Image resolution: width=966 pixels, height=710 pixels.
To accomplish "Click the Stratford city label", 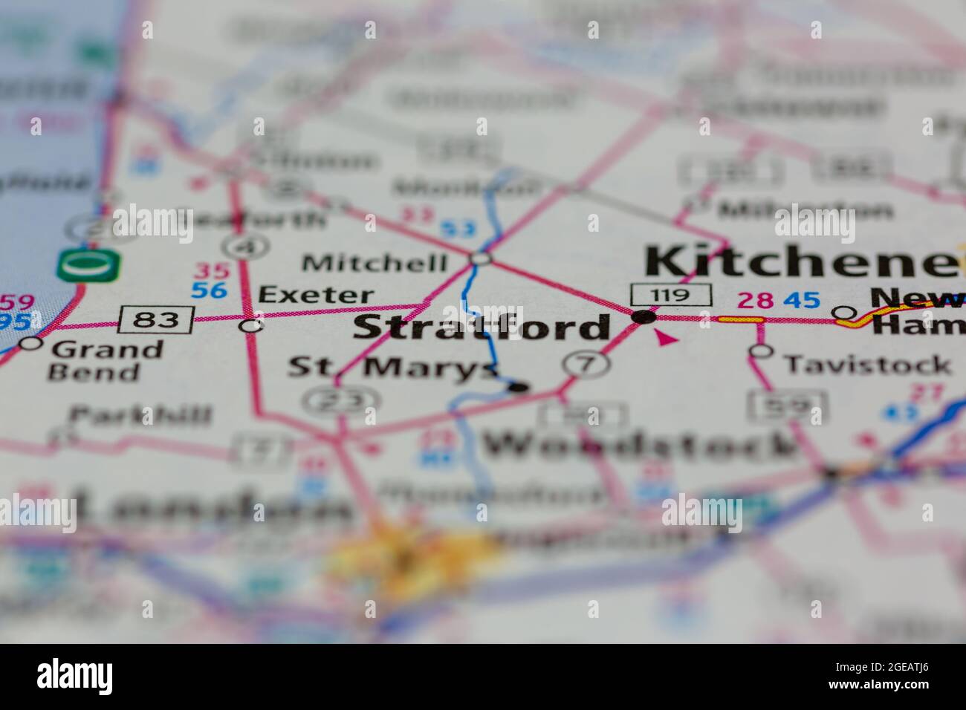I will click(x=482, y=328).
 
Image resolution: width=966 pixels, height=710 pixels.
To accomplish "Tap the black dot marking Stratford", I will click(x=644, y=317).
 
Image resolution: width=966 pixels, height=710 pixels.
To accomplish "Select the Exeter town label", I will click(x=316, y=295).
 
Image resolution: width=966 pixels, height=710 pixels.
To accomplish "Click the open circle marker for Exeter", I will click(x=252, y=325).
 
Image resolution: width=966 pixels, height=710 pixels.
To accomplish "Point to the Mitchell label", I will click(x=375, y=263).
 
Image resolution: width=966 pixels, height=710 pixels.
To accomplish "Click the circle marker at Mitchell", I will click(x=481, y=258).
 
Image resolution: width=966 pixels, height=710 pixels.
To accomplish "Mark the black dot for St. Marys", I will click(x=519, y=386).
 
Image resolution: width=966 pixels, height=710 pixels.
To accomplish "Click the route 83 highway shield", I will click(x=157, y=320).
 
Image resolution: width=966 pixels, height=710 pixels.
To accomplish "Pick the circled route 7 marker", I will click(x=586, y=363).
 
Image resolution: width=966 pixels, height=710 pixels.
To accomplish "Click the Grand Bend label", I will click(x=106, y=360).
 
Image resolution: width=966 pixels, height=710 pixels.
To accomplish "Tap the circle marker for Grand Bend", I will click(x=30, y=343).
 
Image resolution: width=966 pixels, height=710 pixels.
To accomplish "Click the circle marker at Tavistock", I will click(x=760, y=351).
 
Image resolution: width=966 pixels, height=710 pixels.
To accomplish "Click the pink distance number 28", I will click(x=756, y=300).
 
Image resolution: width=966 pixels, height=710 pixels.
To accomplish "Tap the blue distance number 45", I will click(x=802, y=300).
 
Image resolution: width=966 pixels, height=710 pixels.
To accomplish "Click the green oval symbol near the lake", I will click(x=88, y=265).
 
